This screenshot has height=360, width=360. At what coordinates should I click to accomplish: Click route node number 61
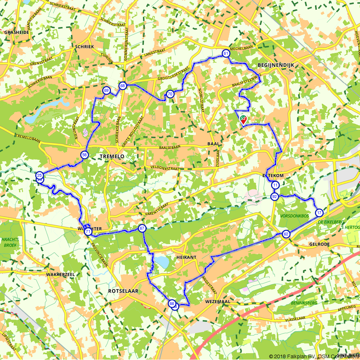(226, 53)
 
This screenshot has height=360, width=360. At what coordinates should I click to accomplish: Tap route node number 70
(170, 94)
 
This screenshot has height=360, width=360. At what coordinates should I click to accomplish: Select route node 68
(123, 86)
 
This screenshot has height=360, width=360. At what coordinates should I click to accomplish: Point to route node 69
(106, 90)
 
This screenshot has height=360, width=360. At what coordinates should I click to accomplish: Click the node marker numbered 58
(84, 155)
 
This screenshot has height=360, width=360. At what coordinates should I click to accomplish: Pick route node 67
(142, 228)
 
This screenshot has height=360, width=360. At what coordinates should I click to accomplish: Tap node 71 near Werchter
(88, 232)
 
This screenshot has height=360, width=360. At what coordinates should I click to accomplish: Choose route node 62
(286, 234)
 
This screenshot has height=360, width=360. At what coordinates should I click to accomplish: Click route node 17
(319, 213)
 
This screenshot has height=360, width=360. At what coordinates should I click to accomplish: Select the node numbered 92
(275, 197)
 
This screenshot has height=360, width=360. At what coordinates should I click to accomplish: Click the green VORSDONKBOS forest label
(294, 216)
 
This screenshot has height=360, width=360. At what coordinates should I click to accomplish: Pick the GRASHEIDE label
(17, 32)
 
